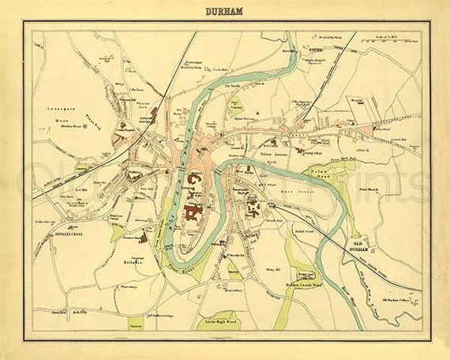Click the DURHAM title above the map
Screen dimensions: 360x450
tap(225, 12)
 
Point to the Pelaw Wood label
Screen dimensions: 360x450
tap(317, 172)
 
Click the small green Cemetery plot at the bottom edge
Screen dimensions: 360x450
tap(136, 324)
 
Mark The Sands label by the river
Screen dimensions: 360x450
tap(234, 85)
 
